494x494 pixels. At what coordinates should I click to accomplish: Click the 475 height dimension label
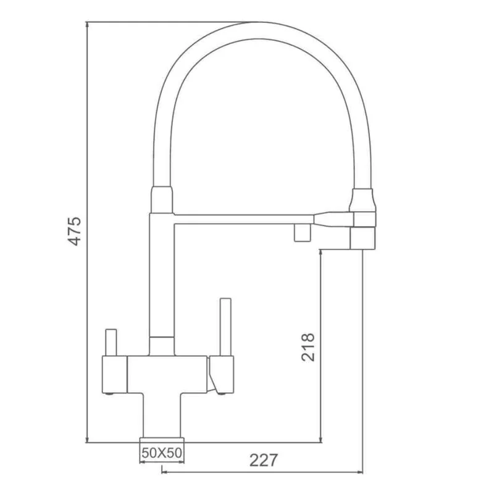75,232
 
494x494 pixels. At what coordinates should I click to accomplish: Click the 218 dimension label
308,347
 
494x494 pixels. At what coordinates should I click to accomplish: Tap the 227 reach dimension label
264,460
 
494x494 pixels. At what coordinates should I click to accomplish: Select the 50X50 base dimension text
162,453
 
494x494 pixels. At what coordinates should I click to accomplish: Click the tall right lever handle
225,327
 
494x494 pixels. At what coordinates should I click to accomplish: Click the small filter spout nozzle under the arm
301,232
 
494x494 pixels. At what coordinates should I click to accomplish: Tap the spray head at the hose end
362,237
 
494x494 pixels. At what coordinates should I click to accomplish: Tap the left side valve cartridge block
114,374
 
